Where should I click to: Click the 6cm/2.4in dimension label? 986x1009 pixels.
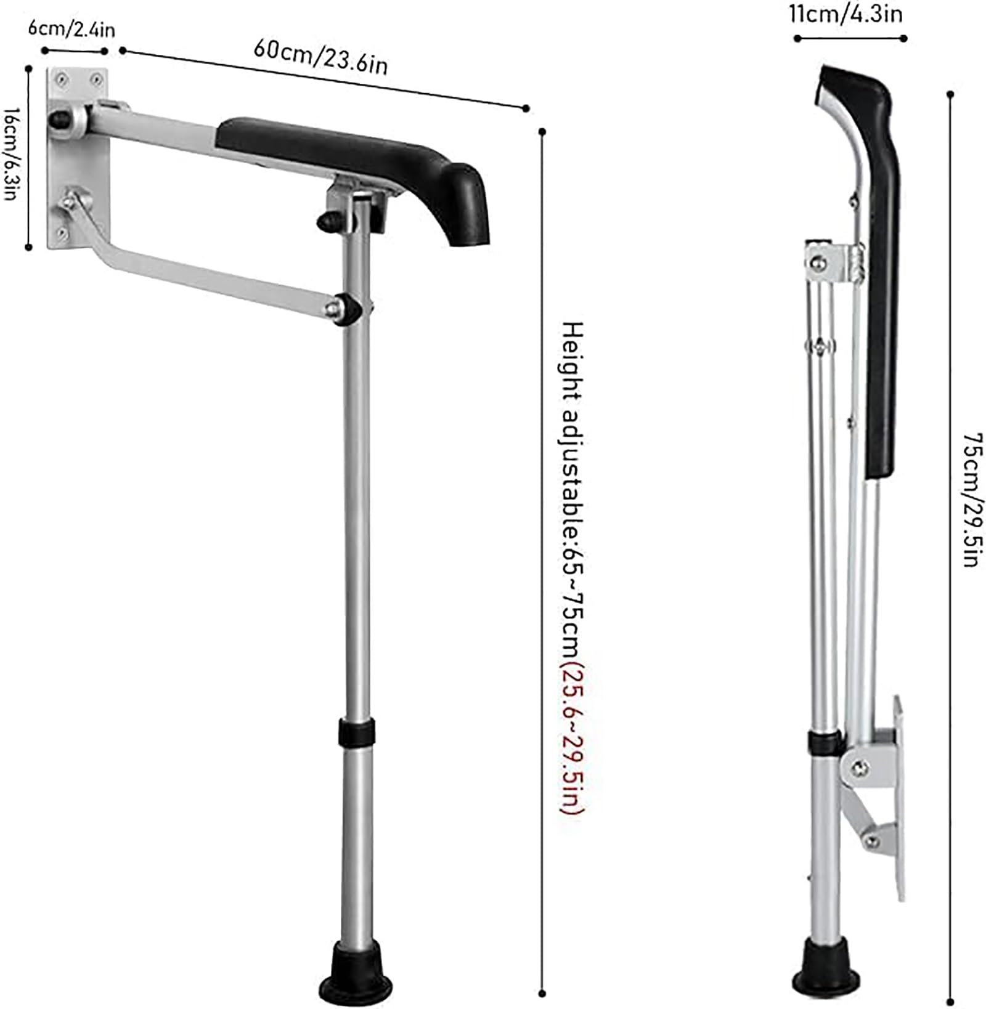[x=71, y=30]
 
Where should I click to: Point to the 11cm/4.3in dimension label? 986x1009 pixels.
[x=845, y=14]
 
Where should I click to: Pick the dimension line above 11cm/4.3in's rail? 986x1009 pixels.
[x=850, y=38]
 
